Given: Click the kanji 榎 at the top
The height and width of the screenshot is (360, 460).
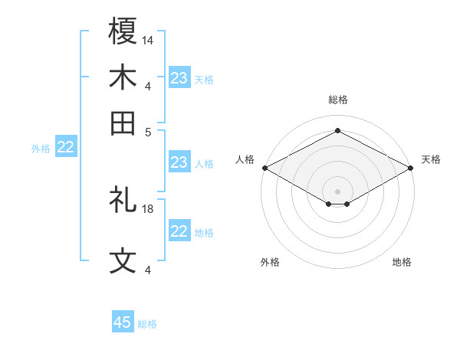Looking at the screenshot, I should click(123, 32).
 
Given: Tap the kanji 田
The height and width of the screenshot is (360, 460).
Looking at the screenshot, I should click(123, 123).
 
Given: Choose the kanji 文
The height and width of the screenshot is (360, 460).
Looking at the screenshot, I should click(123, 261).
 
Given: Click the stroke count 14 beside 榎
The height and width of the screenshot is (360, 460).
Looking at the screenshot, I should click(148, 39).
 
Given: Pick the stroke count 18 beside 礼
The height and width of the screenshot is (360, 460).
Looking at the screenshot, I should click(148, 208).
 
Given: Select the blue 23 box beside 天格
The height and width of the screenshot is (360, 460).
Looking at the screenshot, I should click(179, 78).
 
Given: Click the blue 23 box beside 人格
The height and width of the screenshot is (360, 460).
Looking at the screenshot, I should click(179, 162).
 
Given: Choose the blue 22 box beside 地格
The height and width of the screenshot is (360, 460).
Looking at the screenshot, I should click(179, 231).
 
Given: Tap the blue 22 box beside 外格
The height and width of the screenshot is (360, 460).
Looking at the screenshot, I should click(66, 148).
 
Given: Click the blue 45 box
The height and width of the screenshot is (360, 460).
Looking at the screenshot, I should click(123, 322).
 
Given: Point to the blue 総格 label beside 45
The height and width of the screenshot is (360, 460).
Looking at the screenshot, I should click(147, 324).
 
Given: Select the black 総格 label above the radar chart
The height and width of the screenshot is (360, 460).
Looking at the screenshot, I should click(337, 100).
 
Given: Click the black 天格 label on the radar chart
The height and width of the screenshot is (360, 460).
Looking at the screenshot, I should click(431, 159).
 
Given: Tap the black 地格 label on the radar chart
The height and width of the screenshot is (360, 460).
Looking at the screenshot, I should click(402, 263).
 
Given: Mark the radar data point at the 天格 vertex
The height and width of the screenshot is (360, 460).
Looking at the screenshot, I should click(411, 167).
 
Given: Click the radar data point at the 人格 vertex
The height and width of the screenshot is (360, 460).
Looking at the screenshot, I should click(264, 167).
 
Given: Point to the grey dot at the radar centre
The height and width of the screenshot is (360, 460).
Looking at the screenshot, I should click(337, 191).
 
